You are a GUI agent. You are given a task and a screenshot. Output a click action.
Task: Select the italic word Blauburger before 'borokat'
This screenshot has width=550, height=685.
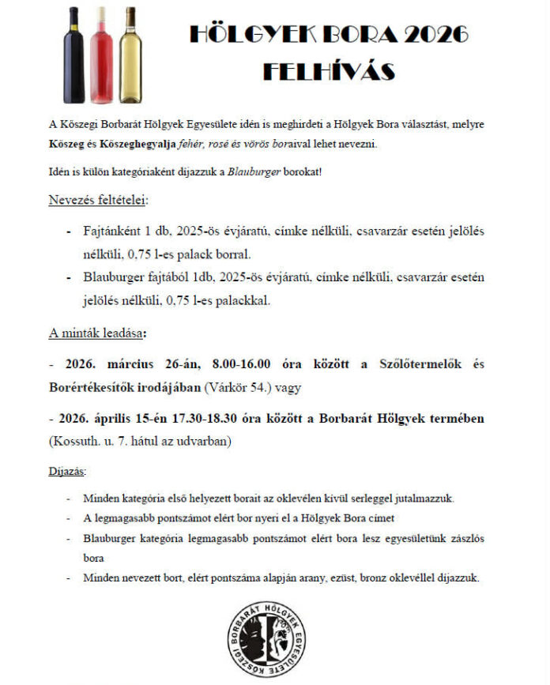[254, 172]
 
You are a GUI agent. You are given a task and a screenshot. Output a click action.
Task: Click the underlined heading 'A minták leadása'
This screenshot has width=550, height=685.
[96, 333]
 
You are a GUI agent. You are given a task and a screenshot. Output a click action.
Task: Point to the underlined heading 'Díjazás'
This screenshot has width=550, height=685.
[68, 472]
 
